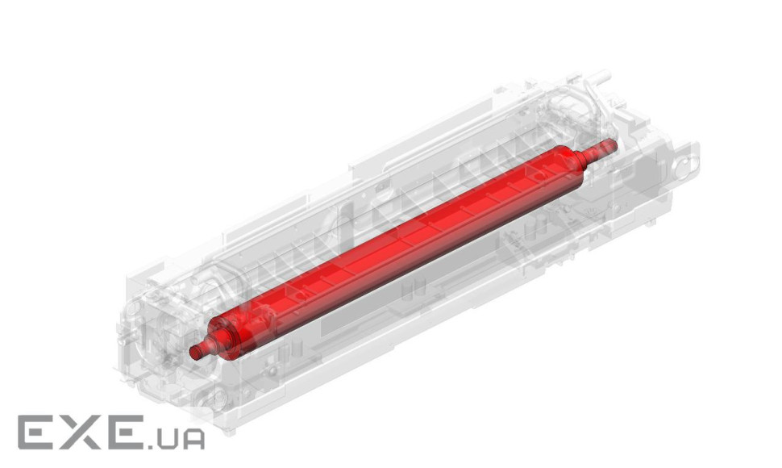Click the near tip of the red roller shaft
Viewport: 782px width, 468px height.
click(x=193, y=353)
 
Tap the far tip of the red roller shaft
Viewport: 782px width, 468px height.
click(x=614, y=144)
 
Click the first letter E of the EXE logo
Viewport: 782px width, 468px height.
click(x=37, y=432)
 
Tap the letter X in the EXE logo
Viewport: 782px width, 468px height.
click(x=80, y=432)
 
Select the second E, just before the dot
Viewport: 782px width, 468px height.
click(x=121, y=432)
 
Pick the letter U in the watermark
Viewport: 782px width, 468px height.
click(x=167, y=439)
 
